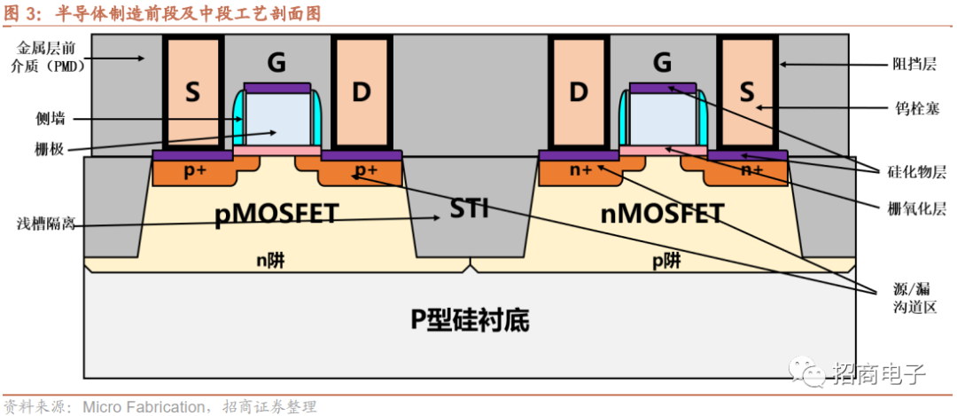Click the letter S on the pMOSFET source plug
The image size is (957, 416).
pos(192,91)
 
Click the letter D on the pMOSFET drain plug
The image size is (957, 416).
pos(361,91)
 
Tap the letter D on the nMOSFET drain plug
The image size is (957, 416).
pos(579,91)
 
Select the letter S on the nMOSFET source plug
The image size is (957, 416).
pos(747,91)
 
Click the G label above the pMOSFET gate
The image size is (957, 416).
pos(276,62)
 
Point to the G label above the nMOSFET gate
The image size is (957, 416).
pos(662,62)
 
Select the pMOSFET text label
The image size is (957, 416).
pos(276,215)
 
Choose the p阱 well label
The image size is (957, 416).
pos(666,261)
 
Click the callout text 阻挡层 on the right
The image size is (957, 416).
pos(914,64)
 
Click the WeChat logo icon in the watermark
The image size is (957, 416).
pos(808,373)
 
